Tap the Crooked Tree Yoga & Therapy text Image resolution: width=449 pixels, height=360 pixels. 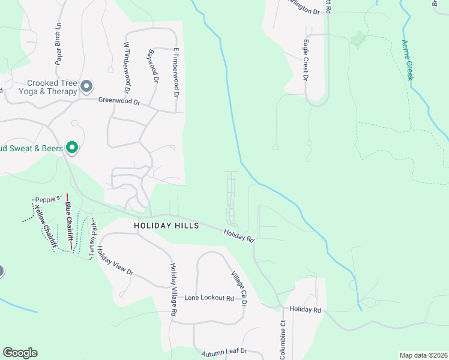pos(52,88)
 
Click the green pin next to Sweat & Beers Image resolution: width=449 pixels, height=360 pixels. pos(72,147)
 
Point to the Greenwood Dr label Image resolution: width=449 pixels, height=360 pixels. pos(119,102)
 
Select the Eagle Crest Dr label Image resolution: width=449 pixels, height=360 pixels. pos(306,60)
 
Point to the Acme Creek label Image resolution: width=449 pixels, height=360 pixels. pos(408,60)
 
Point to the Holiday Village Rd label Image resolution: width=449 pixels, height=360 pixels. pos(173,290)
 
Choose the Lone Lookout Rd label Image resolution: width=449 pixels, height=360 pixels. pos(209,298)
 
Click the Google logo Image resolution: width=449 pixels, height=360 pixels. pos(20,353)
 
